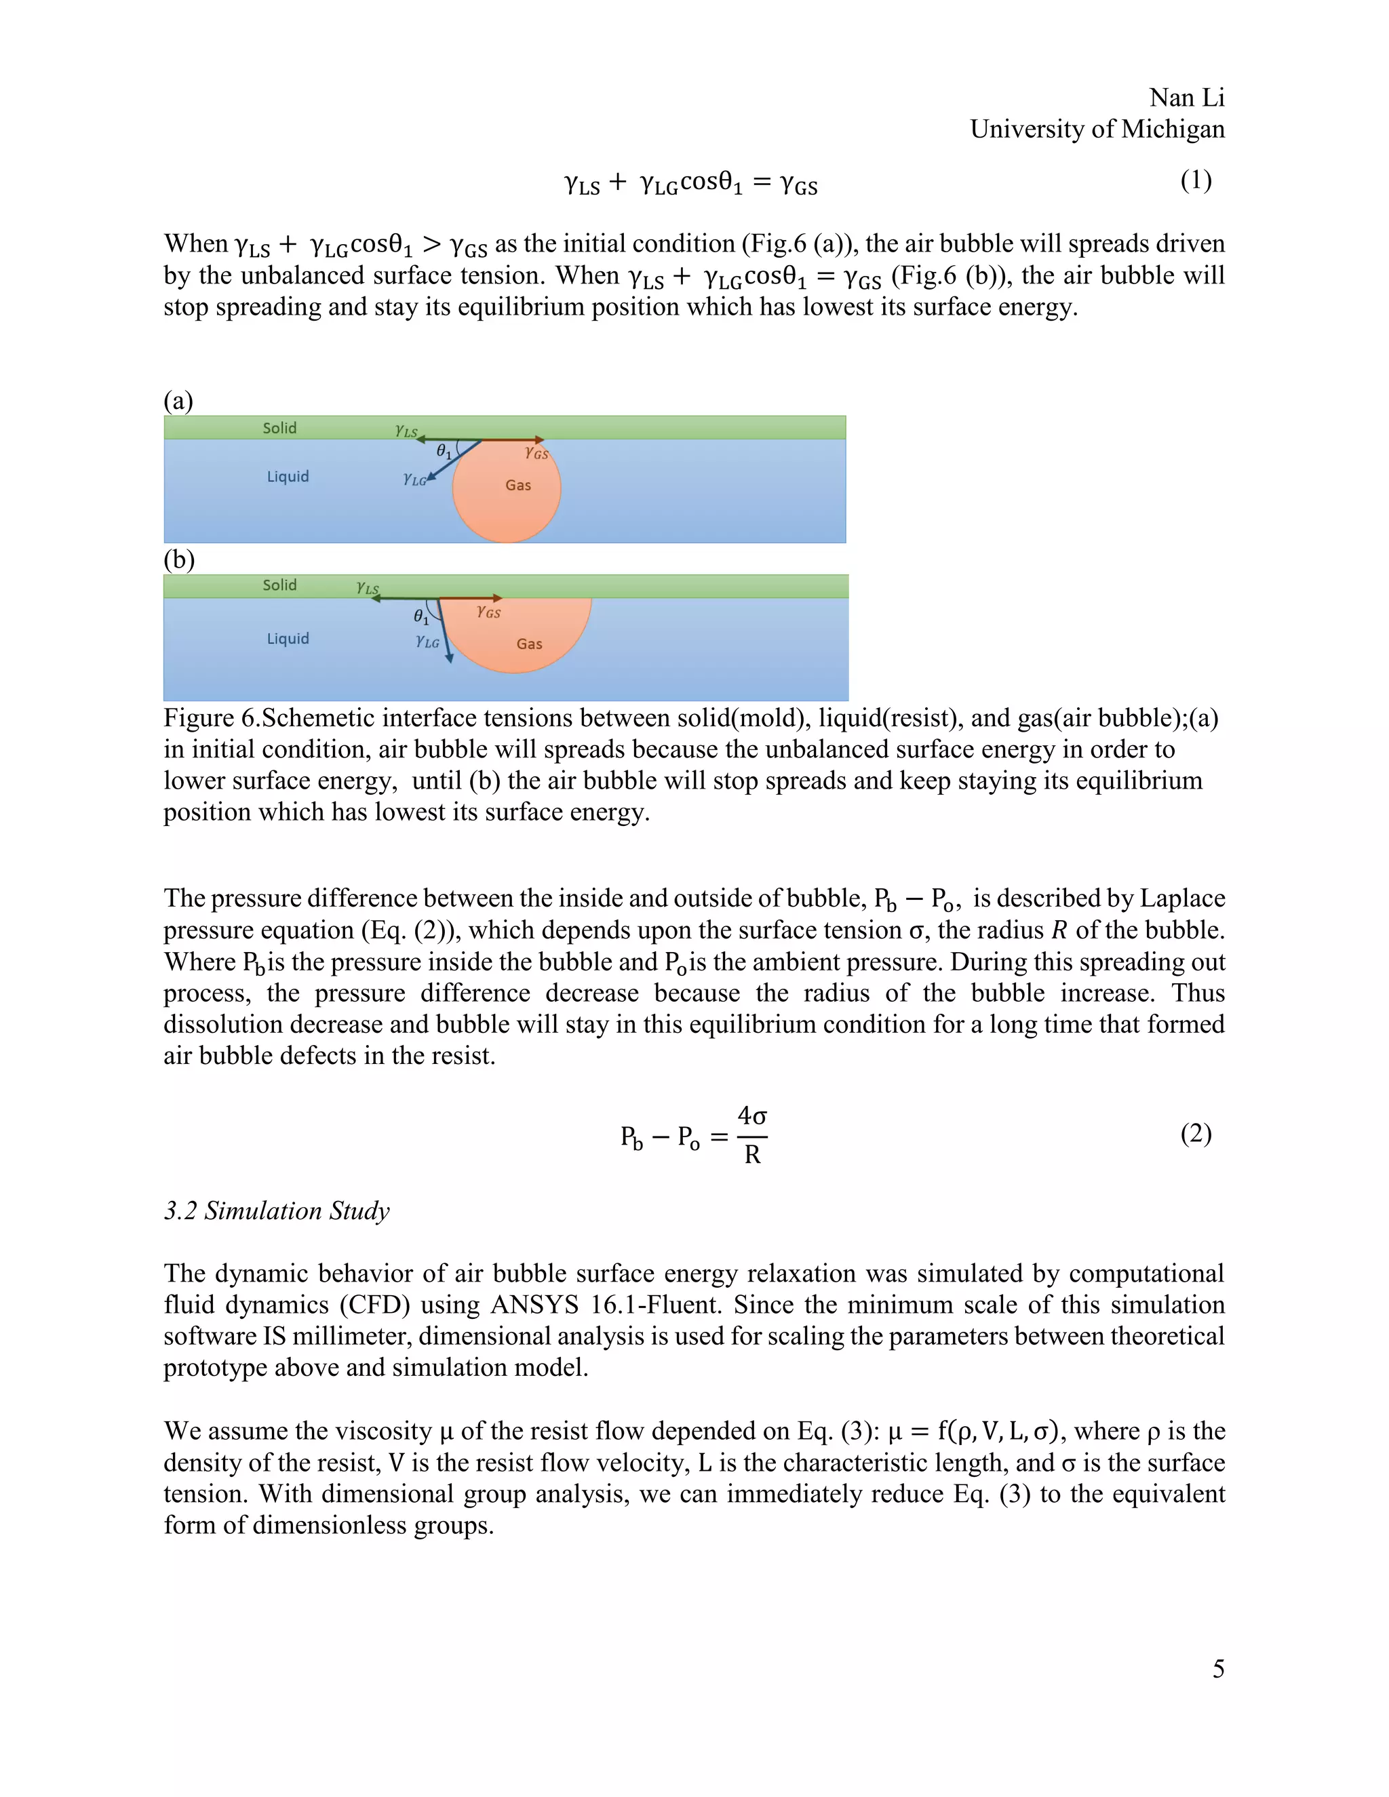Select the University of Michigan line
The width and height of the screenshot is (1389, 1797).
tap(1096, 129)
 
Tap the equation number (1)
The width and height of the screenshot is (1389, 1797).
tap(1195, 180)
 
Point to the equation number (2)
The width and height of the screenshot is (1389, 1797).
tap(1195, 1133)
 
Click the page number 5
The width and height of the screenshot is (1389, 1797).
tap(1218, 1668)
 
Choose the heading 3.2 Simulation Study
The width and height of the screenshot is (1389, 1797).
tap(277, 1210)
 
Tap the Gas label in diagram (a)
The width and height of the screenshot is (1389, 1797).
tap(517, 486)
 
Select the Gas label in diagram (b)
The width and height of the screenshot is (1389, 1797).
tap(529, 644)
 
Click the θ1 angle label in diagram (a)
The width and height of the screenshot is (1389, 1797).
tap(444, 451)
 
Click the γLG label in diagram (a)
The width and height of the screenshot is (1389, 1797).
tap(414, 479)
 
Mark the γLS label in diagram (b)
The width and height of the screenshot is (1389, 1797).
tap(367, 587)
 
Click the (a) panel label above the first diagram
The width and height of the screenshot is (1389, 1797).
tap(178, 401)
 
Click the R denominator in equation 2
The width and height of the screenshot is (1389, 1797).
tap(751, 1156)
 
